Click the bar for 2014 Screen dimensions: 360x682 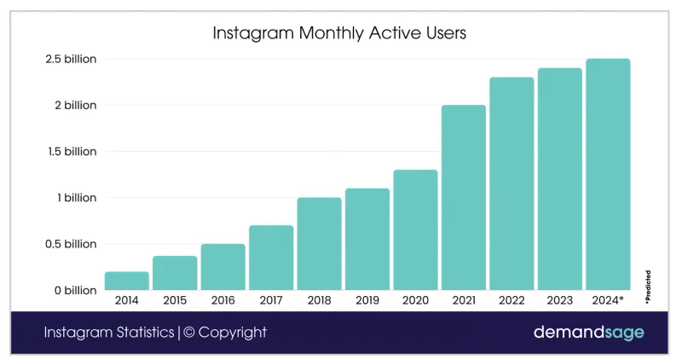[x=127, y=281]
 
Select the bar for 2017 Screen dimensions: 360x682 [x=271, y=258]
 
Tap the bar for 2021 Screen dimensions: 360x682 [x=464, y=198]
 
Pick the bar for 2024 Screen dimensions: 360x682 [x=608, y=175]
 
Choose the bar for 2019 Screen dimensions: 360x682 [x=367, y=239]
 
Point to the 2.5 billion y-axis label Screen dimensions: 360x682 [x=72, y=60]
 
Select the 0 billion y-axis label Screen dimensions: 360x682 [x=76, y=291]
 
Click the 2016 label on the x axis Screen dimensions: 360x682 [x=223, y=300]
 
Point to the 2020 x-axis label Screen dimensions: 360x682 [x=415, y=300]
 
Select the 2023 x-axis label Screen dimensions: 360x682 [x=559, y=300]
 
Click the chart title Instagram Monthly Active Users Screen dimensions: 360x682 [x=339, y=35]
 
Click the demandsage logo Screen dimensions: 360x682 [x=588, y=333]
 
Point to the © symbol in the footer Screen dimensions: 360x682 [x=191, y=333]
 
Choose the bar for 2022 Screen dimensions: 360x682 [x=511, y=183]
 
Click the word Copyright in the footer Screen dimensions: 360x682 [x=233, y=333]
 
